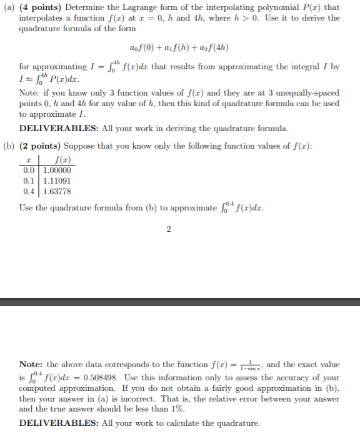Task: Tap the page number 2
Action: click(x=169, y=228)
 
